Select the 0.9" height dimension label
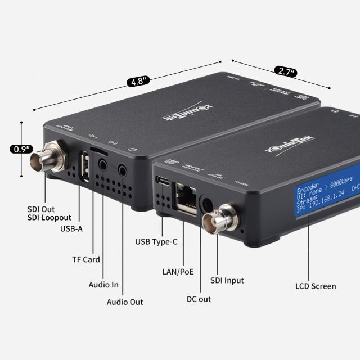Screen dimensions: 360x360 pyautogui.click(x=21, y=149)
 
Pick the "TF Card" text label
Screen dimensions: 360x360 pyautogui.click(x=85, y=259)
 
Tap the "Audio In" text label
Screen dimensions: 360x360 pyautogui.click(x=103, y=285)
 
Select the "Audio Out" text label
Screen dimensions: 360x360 pyautogui.click(x=125, y=302)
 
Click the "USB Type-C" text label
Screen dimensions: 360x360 pyautogui.click(x=156, y=242)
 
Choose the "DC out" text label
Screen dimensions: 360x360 pyautogui.click(x=199, y=299)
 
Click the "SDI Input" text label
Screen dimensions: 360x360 pyautogui.click(x=227, y=280)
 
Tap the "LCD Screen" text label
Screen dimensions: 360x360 pyautogui.click(x=316, y=286)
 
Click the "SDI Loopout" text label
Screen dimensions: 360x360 pyautogui.click(x=49, y=217)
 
